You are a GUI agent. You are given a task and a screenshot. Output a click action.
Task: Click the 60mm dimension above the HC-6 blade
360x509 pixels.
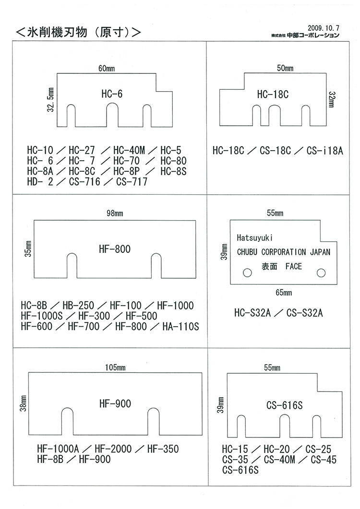coord(107,69)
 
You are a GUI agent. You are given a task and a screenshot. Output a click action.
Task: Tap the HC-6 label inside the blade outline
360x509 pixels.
coord(112,94)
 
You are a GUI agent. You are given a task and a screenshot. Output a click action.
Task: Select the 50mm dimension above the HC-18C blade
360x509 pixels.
coord(285,69)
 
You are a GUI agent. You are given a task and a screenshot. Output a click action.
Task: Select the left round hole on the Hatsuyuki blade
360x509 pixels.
coord(247,272)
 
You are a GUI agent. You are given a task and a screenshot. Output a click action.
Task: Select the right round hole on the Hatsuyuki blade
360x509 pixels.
coord(320,272)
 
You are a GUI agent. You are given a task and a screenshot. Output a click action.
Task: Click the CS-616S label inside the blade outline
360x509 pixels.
coord(284,405)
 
